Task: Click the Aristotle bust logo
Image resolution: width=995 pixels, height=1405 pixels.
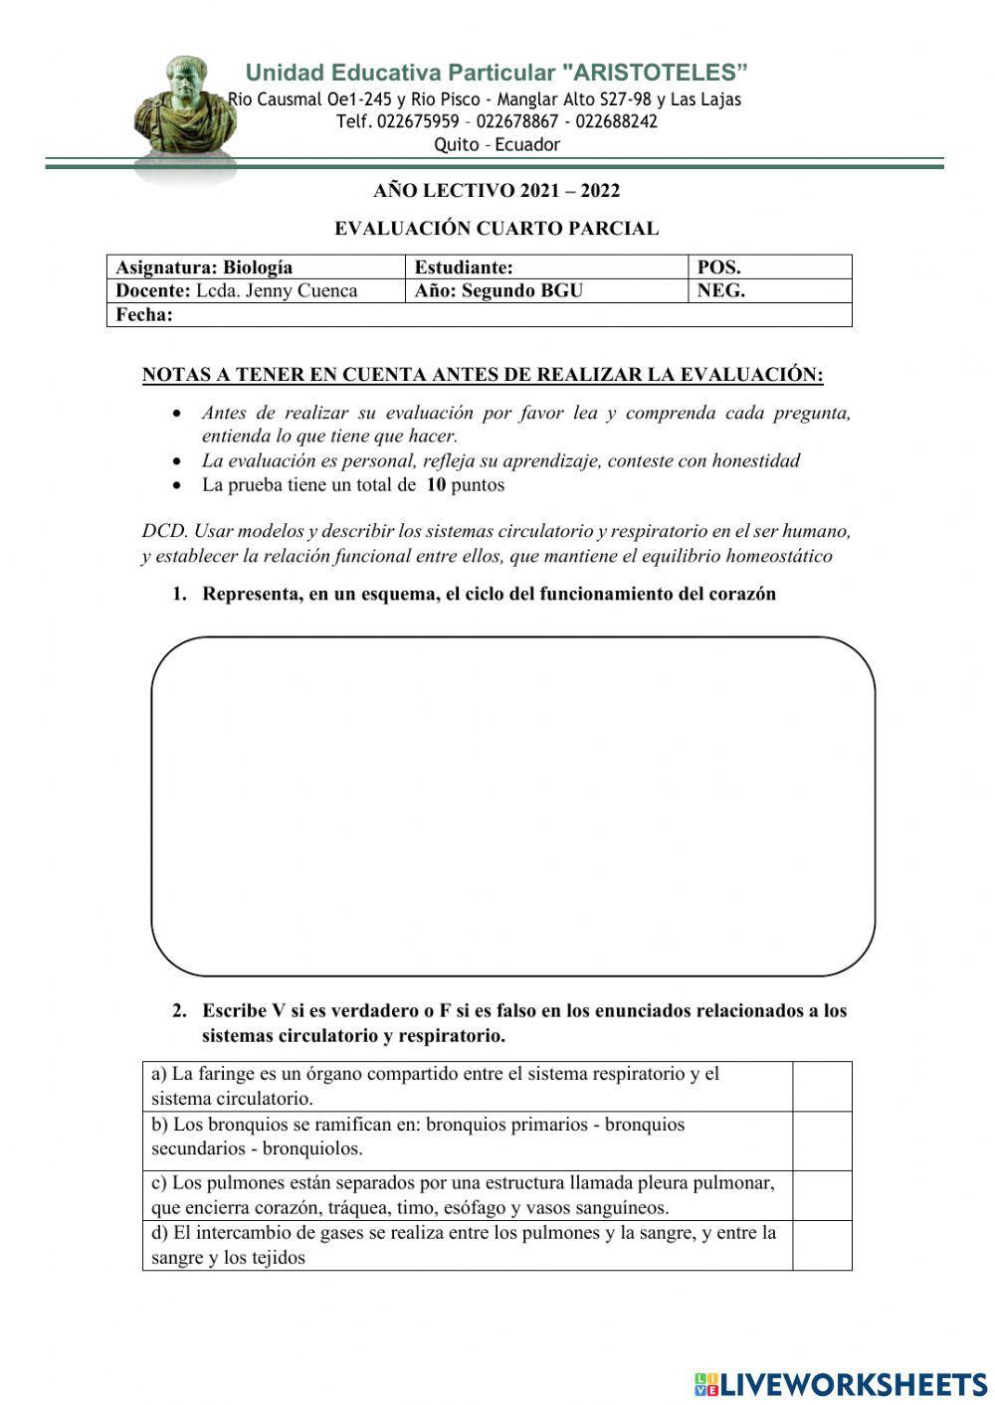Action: (186, 109)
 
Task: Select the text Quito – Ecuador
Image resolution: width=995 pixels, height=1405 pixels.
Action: (497, 144)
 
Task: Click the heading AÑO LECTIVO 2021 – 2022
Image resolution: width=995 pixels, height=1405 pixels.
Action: (497, 190)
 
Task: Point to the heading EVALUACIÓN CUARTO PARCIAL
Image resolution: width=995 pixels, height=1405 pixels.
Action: (497, 229)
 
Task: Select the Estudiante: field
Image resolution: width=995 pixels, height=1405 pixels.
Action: (545, 266)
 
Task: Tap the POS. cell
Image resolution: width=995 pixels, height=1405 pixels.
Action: (769, 266)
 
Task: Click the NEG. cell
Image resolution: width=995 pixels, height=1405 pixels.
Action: (769, 290)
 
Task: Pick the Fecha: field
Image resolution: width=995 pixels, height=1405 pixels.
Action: (478, 314)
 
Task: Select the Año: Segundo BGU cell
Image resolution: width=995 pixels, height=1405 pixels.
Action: (545, 290)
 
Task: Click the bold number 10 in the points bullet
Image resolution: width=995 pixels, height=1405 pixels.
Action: (436, 485)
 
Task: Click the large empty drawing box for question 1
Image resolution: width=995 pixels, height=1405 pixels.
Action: (512, 805)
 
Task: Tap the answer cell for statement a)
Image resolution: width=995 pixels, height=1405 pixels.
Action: (822, 1086)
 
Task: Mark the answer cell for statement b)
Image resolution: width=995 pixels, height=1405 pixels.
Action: (822, 1140)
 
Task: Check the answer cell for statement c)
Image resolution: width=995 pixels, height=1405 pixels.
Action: (822, 1195)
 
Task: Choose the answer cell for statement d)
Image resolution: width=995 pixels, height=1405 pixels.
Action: (822, 1245)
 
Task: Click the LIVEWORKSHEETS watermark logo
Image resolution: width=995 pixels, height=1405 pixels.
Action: (841, 1383)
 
